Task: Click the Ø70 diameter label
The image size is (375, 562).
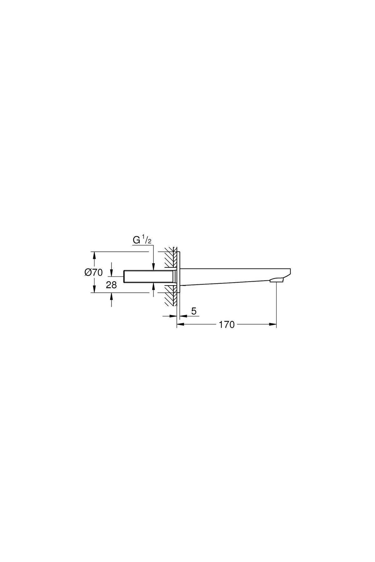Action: [93, 272]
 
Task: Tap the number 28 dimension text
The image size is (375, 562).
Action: [112, 285]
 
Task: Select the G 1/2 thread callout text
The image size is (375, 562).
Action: [142, 241]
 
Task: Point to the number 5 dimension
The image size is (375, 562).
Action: [194, 311]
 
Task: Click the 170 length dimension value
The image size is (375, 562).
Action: [227, 325]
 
